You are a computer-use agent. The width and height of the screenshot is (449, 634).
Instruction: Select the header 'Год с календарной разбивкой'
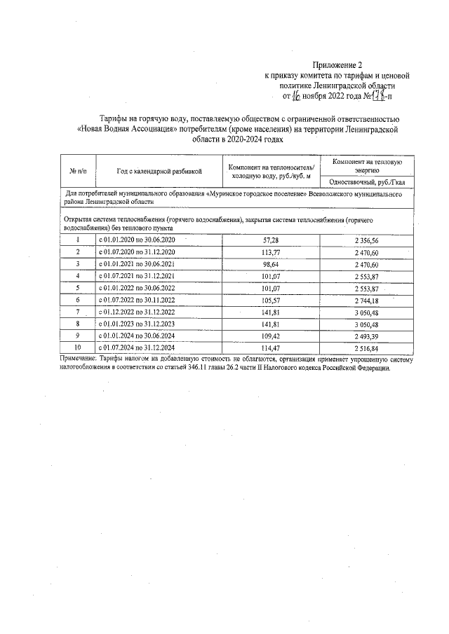[159, 170]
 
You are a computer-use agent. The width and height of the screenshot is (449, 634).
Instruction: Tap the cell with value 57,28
[270, 240]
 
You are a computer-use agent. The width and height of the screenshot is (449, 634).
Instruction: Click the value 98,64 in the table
[270, 263]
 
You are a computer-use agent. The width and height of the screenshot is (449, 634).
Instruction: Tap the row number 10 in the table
[78, 347]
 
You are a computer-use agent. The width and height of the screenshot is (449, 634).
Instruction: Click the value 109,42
[270, 335]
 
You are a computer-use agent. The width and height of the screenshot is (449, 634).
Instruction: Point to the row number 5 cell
[78, 287]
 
